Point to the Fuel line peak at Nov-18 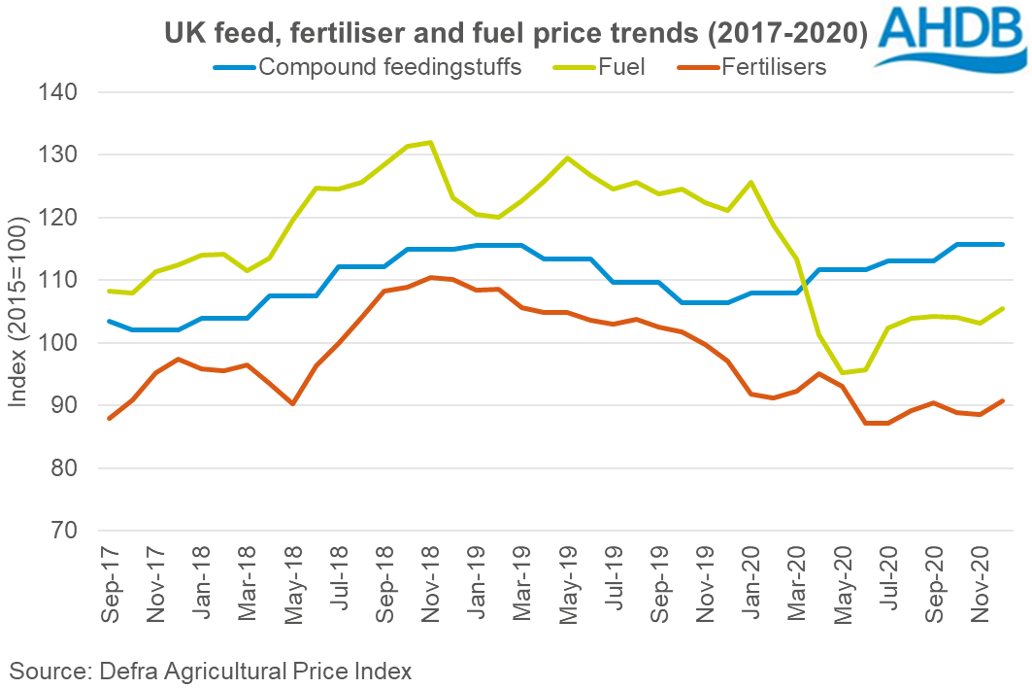point(430,143)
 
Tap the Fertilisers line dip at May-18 point(292,403)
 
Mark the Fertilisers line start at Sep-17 point(110,419)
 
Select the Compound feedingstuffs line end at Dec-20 point(1003,244)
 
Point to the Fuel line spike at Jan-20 point(750,182)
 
